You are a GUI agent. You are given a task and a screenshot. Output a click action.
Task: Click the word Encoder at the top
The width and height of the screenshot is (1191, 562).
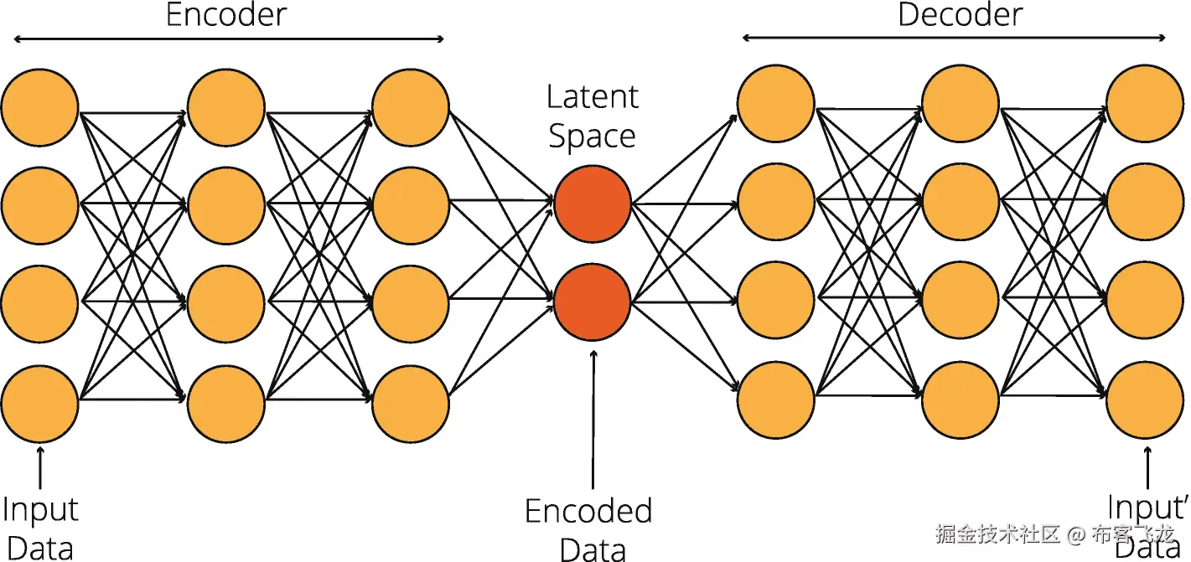coord(226,15)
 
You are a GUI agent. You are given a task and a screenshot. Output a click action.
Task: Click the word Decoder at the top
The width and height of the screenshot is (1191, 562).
coord(961,15)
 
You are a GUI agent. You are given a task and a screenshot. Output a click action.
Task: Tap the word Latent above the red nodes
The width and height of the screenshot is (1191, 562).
coord(592,97)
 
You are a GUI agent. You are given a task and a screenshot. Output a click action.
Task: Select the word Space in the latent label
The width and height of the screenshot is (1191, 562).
coord(592,137)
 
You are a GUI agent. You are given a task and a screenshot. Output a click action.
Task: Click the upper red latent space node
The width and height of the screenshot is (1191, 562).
coord(592,204)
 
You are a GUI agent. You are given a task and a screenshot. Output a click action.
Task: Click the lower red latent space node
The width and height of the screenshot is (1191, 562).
coord(592,302)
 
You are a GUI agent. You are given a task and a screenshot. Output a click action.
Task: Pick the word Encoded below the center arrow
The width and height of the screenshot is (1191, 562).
coord(588,511)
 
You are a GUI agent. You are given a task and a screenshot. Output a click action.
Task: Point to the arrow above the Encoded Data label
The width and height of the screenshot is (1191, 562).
coord(593,419)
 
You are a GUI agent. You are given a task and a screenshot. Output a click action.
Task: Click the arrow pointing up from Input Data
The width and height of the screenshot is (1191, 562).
coord(39,467)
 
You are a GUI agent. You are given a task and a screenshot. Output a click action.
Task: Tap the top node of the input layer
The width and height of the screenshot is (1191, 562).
coord(39,108)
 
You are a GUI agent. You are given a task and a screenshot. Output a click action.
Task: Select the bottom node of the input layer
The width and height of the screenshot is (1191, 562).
coord(39,403)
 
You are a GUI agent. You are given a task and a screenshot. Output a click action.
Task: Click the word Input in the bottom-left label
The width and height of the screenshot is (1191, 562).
coord(39,509)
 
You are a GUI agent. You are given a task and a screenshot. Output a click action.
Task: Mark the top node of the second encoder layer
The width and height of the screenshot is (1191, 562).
coord(226,108)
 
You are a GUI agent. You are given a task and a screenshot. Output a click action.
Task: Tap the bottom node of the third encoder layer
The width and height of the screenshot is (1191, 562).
coord(411,403)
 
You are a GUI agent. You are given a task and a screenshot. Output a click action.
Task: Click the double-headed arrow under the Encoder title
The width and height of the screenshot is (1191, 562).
coord(228,39)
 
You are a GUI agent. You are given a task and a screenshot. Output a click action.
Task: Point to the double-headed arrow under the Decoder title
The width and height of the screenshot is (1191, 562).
coord(954,39)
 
